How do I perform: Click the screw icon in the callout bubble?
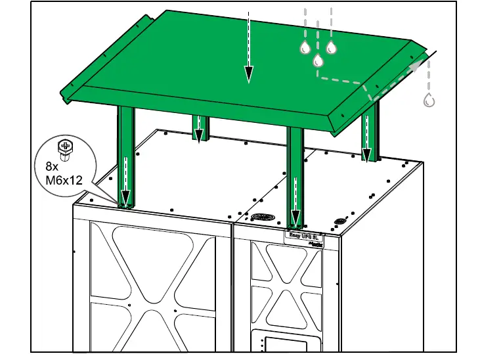(x=64, y=149)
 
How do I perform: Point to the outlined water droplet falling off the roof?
(x=429, y=101)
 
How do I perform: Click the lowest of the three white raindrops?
(x=318, y=60)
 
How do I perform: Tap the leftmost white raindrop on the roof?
(x=305, y=47)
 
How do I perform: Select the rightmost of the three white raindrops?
(x=331, y=47)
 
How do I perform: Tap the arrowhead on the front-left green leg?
(x=125, y=198)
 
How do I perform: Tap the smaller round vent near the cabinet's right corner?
(x=340, y=221)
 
